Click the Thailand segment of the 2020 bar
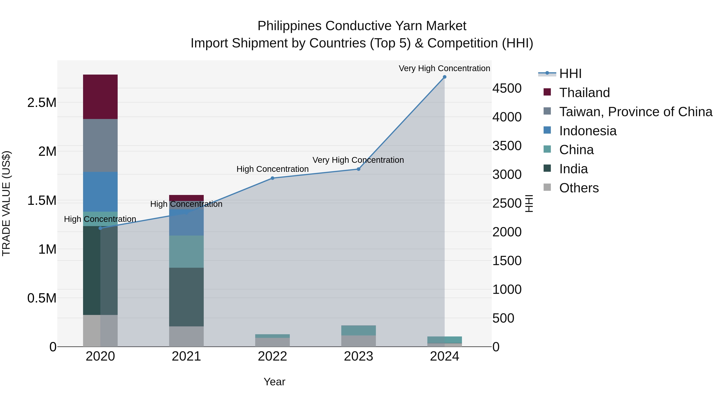[x=100, y=97]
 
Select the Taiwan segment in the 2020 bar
[x=100, y=145]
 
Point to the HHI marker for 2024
[x=444, y=77]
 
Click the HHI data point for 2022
[x=272, y=178]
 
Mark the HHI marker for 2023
[x=358, y=169]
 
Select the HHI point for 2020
[x=100, y=228]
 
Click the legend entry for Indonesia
[x=587, y=131]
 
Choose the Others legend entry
[x=579, y=188]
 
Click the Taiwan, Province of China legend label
[x=636, y=112]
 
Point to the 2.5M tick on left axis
[x=42, y=103]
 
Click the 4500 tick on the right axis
[x=507, y=88]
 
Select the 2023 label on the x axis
[x=358, y=356]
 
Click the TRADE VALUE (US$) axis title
[x=6, y=203]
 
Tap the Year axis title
[x=274, y=382]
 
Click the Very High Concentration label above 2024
[x=444, y=68]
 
